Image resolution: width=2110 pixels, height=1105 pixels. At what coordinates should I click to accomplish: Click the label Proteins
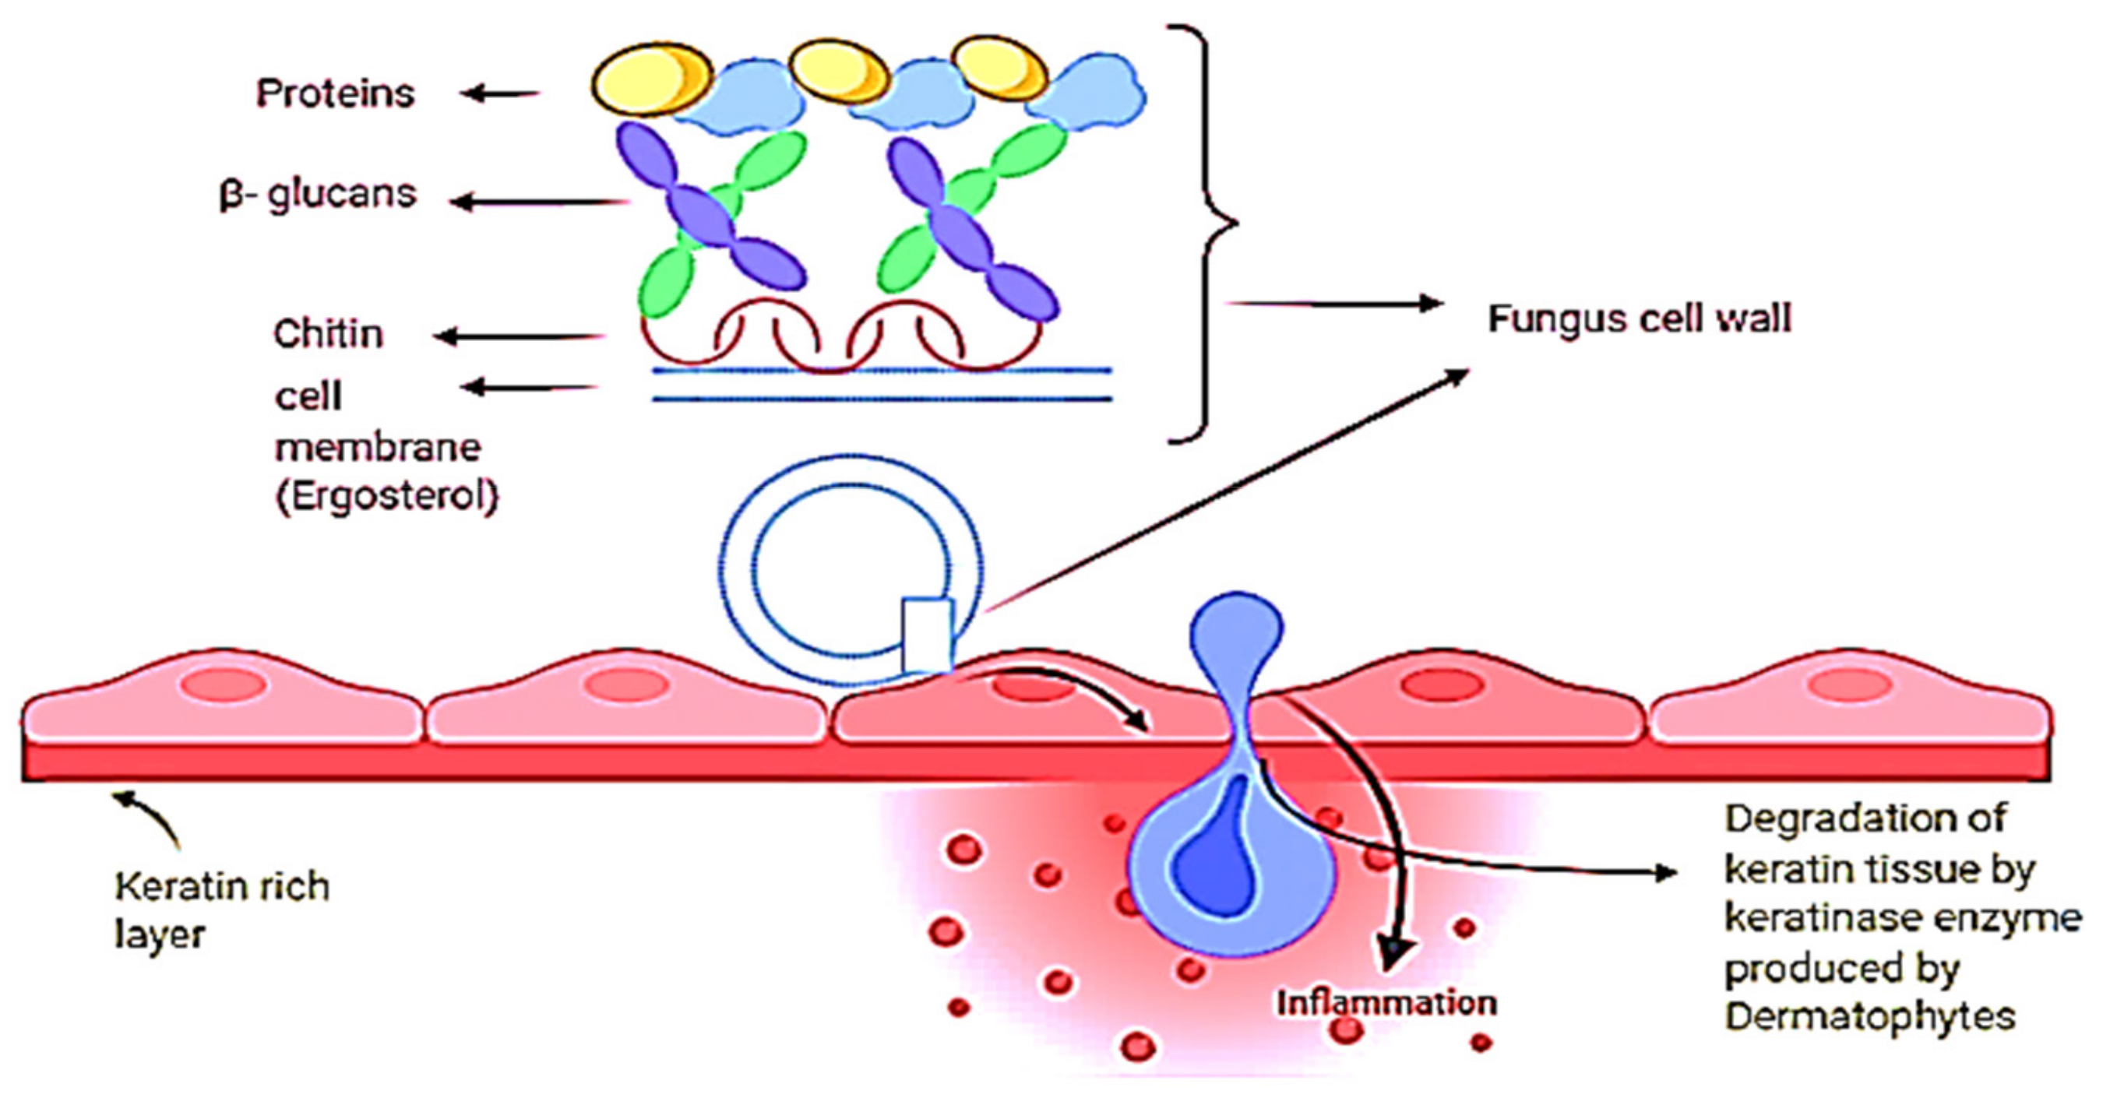pos(335,93)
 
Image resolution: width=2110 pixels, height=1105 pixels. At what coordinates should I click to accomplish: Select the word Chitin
pos(329,334)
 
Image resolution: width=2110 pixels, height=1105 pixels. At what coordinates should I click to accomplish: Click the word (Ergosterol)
pos(386,496)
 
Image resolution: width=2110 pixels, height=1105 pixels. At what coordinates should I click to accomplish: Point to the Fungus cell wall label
pos(1639,318)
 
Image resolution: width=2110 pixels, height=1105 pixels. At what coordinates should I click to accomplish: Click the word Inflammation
pos(1386,1004)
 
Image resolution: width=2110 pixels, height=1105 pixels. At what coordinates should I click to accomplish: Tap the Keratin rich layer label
pos(221,910)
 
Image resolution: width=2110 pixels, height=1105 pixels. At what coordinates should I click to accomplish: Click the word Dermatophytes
pos(1870,1016)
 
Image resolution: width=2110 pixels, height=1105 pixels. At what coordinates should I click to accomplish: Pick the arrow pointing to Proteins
pos(499,94)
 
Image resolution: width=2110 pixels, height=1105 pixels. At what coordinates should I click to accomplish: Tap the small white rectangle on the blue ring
pos(927,635)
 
